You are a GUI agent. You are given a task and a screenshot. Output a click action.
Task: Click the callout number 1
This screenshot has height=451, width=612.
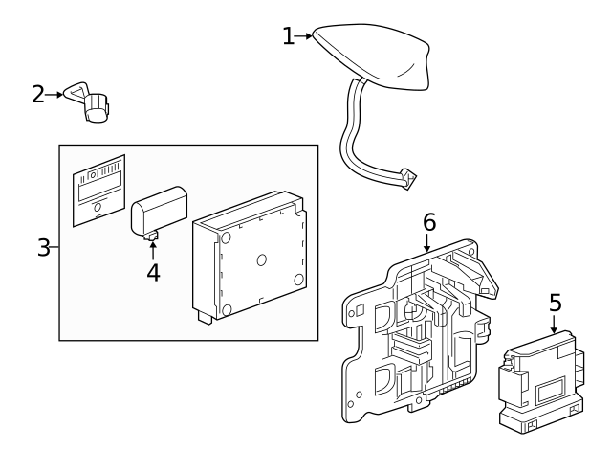pos(288,36)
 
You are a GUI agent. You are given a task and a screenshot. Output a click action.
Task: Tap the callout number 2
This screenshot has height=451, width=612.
pos(38,95)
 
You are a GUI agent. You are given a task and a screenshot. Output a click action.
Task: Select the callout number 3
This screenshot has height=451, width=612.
pos(43,247)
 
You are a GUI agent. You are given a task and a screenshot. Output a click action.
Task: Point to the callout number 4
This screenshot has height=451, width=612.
pos(153,272)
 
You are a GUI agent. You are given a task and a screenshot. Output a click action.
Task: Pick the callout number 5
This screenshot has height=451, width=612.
pos(555,303)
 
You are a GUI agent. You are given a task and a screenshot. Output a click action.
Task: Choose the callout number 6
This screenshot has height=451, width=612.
pos(429,222)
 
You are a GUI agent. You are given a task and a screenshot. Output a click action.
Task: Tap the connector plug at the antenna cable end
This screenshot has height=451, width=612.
pos(407,179)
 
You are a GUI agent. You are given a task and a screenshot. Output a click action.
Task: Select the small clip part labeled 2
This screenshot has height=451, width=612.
pos(87,101)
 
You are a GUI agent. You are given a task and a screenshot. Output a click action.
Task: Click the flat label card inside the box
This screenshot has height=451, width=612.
pos(99,191)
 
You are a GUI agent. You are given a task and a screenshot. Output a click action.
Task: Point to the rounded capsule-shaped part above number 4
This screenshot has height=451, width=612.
pos(159,211)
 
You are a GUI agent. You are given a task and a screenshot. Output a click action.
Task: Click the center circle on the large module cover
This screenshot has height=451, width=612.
pos(261,259)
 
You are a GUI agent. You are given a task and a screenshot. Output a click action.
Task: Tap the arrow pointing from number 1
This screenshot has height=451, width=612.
pos(303,36)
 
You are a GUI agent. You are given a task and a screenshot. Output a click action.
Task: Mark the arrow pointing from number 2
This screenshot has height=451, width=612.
pos(54,95)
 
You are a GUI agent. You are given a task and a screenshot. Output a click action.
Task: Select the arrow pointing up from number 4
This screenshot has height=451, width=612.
pos(153,251)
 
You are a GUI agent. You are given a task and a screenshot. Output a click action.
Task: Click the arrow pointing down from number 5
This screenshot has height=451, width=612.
pos(554,324)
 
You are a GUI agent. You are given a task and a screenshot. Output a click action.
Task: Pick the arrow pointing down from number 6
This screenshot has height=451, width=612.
pos(427,242)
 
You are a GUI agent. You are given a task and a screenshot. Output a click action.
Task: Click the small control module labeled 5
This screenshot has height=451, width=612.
pos(542,382)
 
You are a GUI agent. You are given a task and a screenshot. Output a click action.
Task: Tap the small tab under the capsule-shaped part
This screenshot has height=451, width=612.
pos(151,236)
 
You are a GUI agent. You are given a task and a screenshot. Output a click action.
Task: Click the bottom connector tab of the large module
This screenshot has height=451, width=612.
pos(206,317)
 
